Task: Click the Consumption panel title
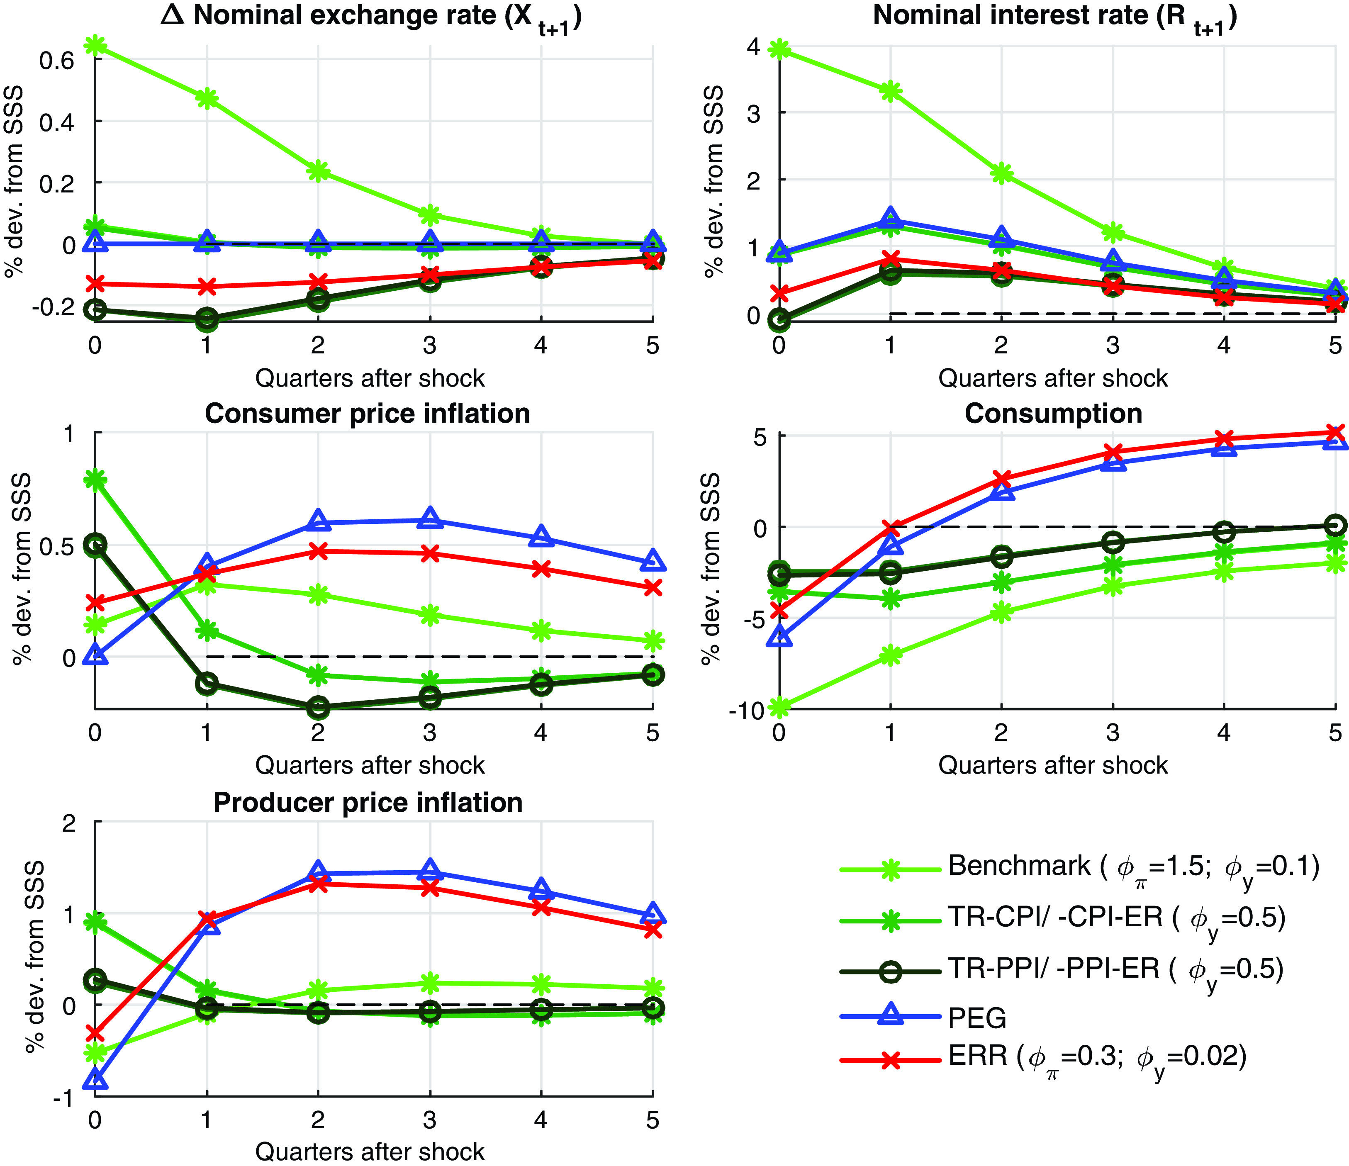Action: [1053, 414]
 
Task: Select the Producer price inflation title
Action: [368, 802]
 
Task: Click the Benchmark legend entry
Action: [1133, 866]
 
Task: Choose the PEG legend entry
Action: [976, 1017]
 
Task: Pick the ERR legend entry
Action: [1097, 1056]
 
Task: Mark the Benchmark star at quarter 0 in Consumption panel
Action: [779, 706]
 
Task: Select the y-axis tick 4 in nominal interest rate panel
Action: [754, 47]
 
